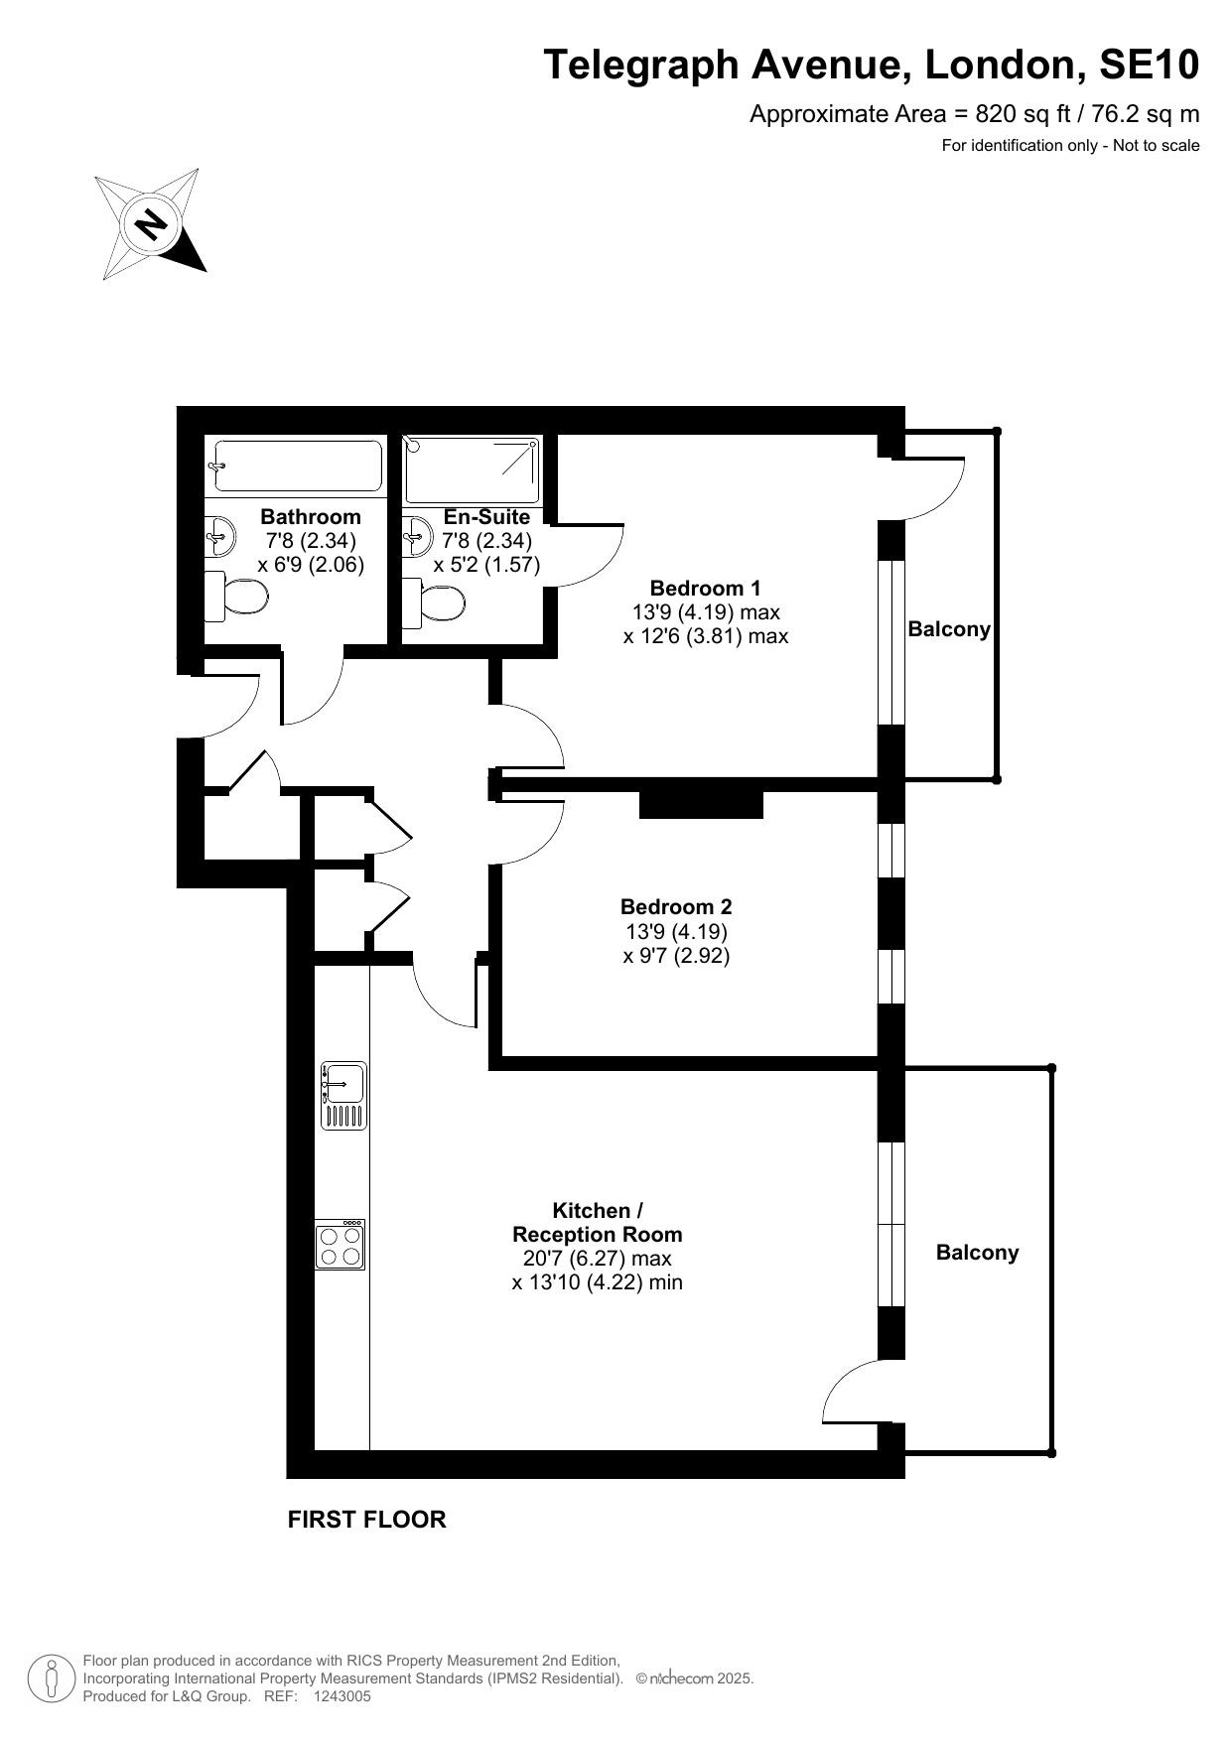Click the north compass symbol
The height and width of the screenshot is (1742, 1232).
(x=151, y=223)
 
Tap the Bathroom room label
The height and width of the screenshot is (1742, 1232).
(x=311, y=517)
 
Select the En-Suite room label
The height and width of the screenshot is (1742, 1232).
(x=486, y=517)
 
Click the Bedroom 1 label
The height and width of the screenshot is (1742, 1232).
(x=705, y=589)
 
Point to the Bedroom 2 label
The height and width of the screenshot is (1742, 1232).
(x=676, y=907)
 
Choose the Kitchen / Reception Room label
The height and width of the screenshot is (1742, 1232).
(x=598, y=1223)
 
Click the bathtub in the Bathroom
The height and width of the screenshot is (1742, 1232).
(x=296, y=467)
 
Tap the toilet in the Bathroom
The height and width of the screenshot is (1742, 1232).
(x=236, y=597)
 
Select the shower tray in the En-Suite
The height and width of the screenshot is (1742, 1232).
(x=473, y=469)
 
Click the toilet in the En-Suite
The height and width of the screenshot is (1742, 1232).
(x=434, y=604)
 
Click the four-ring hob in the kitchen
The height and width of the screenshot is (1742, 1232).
(x=341, y=1245)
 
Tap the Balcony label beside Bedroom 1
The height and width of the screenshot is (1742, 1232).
(x=949, y=629)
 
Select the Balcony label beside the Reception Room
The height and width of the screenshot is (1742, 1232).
(x=978, y=1253)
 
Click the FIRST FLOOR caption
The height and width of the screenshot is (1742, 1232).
(x=367, y=1520)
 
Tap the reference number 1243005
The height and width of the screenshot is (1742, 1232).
(x=342, y=1696)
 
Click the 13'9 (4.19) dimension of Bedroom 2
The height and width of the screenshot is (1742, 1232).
(x=676, y=932)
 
